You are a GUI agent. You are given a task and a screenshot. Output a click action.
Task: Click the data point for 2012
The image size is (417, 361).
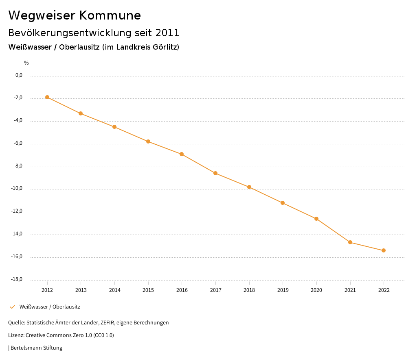[47, 97]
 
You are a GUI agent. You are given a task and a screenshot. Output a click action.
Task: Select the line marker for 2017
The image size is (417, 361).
[215, 173]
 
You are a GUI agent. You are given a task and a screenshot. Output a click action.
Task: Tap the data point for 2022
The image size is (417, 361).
[384, 250]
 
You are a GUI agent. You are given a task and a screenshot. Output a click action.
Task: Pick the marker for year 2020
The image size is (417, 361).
[316, 219]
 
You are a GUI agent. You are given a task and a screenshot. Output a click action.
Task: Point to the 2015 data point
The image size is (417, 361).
[148, 141]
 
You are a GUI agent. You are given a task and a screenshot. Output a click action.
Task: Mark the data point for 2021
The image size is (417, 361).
[350, 242]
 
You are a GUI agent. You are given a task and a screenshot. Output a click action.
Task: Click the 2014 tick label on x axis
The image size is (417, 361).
[114, 290]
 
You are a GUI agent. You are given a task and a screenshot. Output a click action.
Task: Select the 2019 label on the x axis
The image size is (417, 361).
[283, 290]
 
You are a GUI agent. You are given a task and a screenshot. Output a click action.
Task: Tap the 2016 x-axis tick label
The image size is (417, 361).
[182, 290]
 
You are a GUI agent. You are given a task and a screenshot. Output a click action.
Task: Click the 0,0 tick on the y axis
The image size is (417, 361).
[19, 75]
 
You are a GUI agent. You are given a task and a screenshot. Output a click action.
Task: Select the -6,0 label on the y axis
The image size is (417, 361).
[18, 144]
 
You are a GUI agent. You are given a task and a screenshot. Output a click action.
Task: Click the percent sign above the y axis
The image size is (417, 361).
[26, 63]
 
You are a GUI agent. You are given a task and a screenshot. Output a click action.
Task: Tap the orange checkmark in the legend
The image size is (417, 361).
[12, 307]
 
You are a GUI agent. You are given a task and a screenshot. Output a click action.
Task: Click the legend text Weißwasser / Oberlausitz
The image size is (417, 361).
[50, 307]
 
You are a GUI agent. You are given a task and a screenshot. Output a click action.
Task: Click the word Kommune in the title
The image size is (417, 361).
[110, 15]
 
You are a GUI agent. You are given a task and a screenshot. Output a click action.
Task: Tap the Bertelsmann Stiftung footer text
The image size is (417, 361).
[36, 348]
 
